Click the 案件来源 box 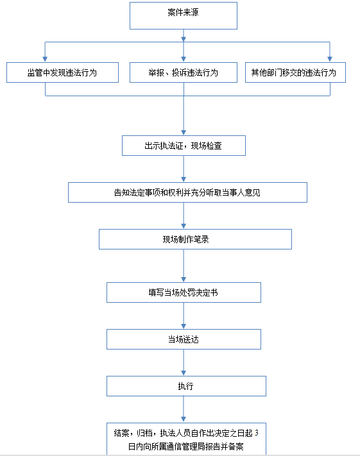click(x=184, y=15)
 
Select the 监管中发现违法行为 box click(x=63, y=72)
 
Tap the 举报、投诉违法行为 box click(x=184, y=72)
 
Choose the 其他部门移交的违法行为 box click(x=295, y=72)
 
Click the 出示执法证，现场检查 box click(x=184, y=146)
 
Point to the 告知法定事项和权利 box click(x=187, y=192)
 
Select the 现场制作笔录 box click(x=195, y=239)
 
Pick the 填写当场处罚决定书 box click(x=184, y=292)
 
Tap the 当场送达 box click(x=184, y=339)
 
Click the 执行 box click(x=186, y=386)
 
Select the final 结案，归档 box click(x=186, y=439)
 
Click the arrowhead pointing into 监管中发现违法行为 click(x=45, y=59)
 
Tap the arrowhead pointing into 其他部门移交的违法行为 click(x=330, y=59)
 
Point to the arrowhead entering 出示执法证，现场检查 click(x=184, y=133)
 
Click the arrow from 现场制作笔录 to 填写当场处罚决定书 click(x=184, y=266)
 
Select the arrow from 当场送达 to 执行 click(x=184, y=362)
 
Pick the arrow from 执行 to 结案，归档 click(x=184, y=409)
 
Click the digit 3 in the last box click(x=257, y=433)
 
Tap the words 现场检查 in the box click(x=207, y=146)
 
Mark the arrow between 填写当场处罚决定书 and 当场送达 click(x=184, y=316)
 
